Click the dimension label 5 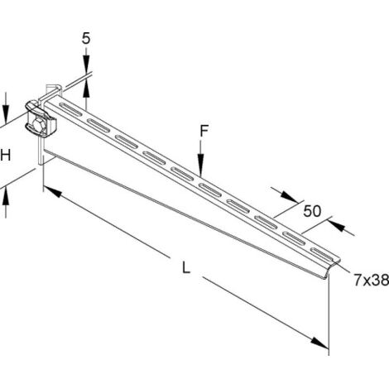(86, 38)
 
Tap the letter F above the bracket (204, 131)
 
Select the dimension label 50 (312, 211)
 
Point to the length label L (186, 268)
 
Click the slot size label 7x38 (372, 281)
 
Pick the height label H (6, 155)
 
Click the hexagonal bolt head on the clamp (39, 125)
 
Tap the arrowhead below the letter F (201, 165)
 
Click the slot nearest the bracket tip (321, 254)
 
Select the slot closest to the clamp (70, 108)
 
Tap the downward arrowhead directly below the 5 (86, 62)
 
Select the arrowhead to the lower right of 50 (337, 225)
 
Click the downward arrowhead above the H (6, 110)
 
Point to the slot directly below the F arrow (210, 190)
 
